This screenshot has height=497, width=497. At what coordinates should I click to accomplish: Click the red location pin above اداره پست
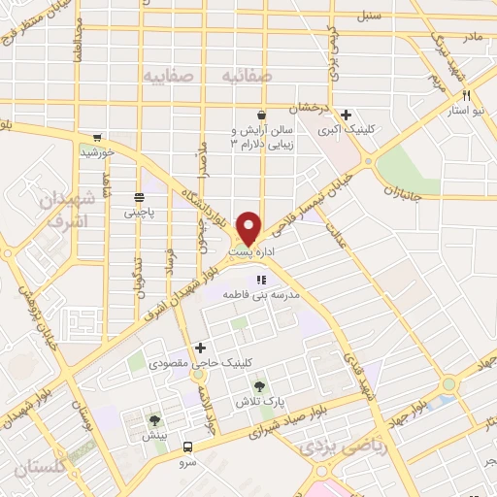[249, 227]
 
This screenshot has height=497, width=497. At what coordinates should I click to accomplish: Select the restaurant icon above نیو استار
[468, 95]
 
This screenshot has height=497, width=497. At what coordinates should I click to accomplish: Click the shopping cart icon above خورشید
[97, 139]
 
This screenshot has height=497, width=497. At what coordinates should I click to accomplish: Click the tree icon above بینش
[153, 420]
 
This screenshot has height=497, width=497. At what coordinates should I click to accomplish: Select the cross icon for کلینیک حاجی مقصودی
[201, 347]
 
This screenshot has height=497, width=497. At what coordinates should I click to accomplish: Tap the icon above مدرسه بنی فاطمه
[258, 281]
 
